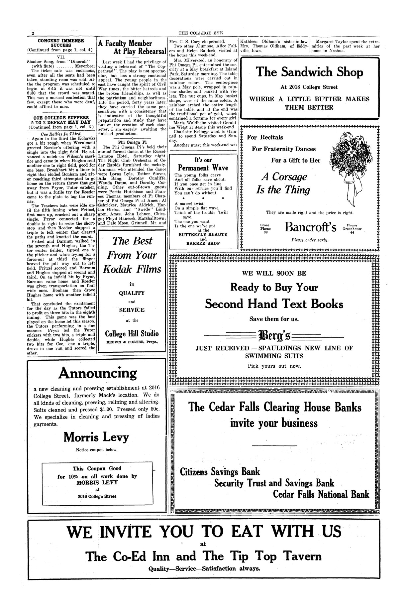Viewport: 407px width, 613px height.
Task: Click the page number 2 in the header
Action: pos(33,34)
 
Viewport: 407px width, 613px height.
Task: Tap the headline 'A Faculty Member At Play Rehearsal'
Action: pos(132,47)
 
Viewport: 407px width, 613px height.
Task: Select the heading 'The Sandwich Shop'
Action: pos(310,72)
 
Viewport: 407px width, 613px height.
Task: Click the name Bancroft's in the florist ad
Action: pos(310,227)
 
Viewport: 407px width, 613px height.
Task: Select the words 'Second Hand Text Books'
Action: pos(274,304)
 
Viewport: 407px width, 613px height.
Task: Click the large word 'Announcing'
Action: pos(97,373)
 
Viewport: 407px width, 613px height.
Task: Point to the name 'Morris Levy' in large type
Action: pos(96,437)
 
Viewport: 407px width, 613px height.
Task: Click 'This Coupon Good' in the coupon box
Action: pos(97,469)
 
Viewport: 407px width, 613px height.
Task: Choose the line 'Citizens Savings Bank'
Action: pos(220,472)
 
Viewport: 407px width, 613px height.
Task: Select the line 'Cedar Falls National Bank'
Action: pos(321,494)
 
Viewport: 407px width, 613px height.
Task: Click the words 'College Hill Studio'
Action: pos(132,334)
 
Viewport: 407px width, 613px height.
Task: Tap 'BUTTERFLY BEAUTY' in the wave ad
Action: pos(203,234)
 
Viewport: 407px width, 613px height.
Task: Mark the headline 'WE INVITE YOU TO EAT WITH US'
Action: pos(204,532)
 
